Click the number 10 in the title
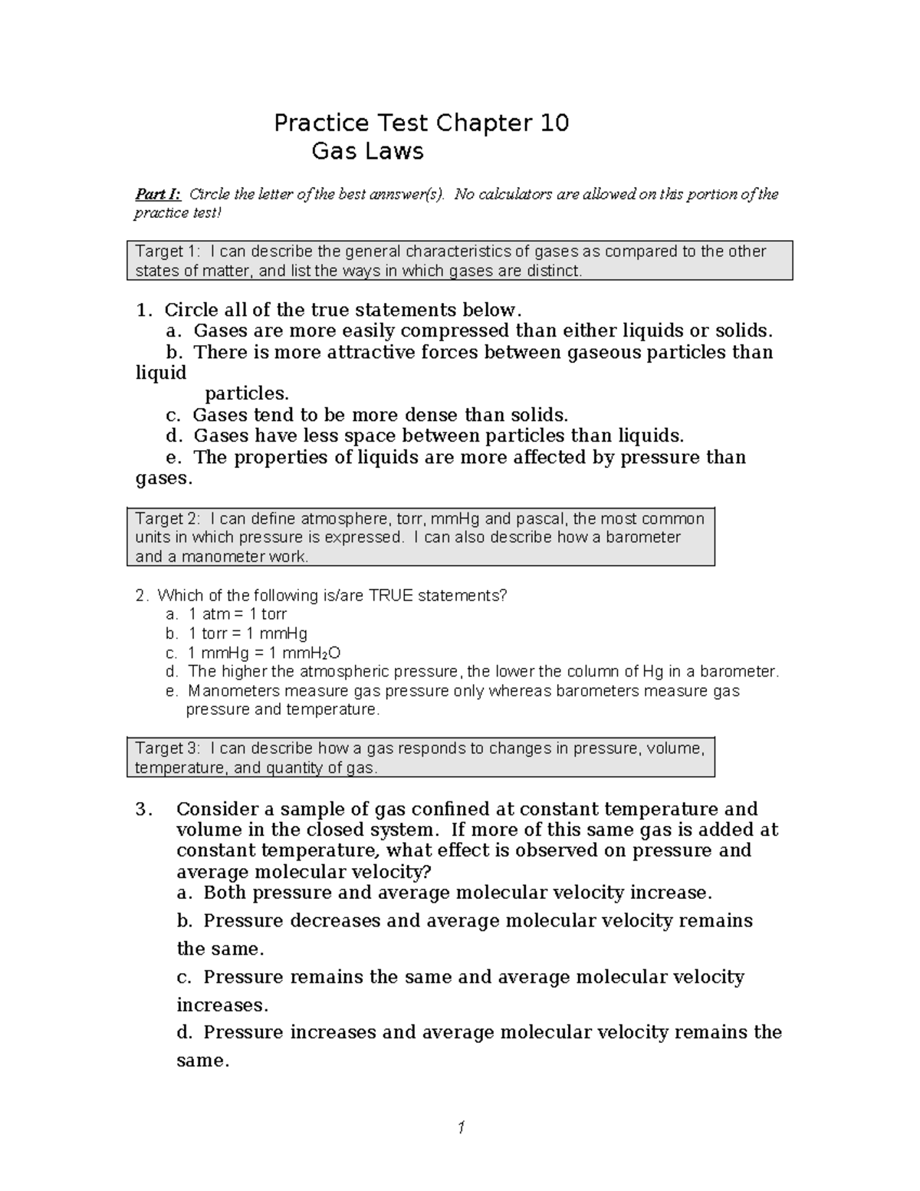click(553, 123)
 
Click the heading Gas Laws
click(367, 151)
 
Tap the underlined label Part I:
click(157, 194)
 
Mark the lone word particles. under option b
click(247, 394)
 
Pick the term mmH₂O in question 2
click(311, 653)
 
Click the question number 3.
click(143, 809)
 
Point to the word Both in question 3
click(225, 893)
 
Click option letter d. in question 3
click(186, 1032)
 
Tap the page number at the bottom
click(461, 1127)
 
